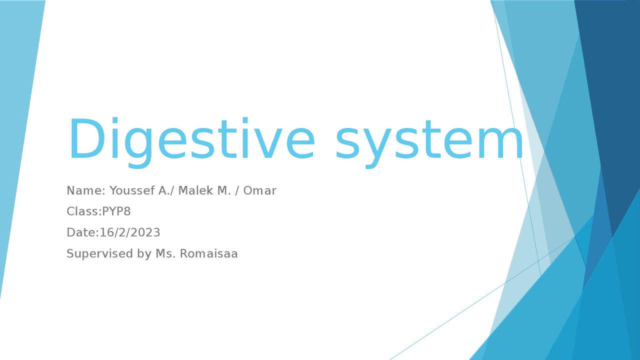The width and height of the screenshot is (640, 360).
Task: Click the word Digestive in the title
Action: [x=191, y=140]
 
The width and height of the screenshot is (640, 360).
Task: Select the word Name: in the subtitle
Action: [x=86, y=190]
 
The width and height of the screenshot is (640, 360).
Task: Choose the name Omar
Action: [x=259, y=190]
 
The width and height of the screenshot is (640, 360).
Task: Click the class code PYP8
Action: [x=116, y=211]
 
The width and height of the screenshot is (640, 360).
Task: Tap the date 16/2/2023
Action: [x=130, y=232]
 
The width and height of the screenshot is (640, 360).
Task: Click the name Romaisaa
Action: [x=208, y=253]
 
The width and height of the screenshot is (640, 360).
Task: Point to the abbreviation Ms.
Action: [x=165, y=253]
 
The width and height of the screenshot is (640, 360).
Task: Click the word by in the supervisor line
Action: [x=144, y=254]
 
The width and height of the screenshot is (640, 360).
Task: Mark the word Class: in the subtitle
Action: [x=83, y=211]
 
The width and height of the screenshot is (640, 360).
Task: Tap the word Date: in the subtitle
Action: [x=82, y=232]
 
